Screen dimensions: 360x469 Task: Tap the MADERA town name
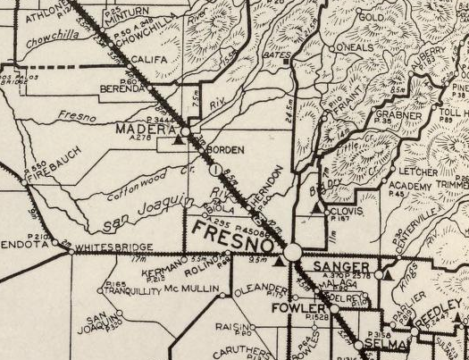141,129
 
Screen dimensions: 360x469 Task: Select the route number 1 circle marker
215,171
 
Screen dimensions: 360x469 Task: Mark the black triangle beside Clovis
316,209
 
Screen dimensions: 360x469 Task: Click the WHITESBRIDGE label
110,249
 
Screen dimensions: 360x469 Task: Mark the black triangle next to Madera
180,140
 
